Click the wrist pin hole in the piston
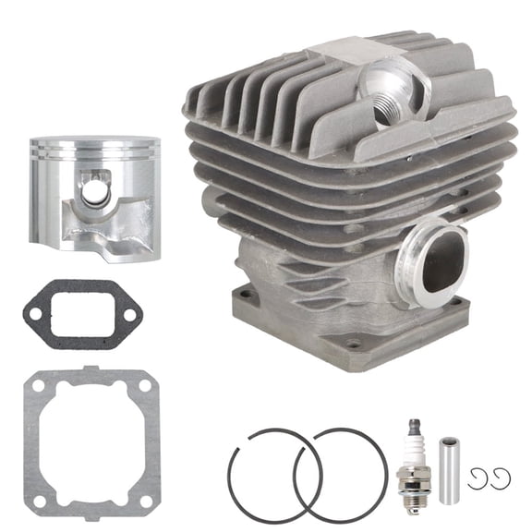[92, 192]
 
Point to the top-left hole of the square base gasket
[40, 385]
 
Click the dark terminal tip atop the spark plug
[413, 423]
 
